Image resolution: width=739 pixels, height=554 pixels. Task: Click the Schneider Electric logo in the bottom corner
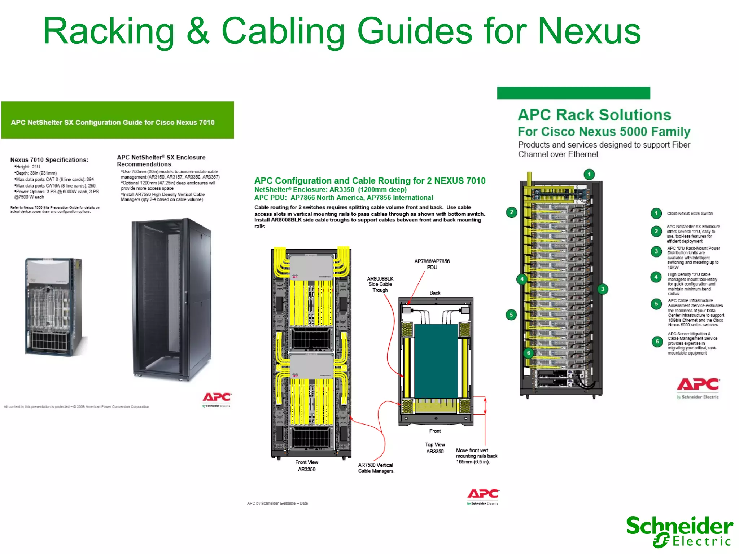pos(679,531)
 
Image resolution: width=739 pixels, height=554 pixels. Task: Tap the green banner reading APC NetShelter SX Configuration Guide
pos(118,120)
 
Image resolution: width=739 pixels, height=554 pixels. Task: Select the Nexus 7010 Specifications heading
pos(49,160)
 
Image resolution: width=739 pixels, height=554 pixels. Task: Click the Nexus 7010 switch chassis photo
pos(54,307)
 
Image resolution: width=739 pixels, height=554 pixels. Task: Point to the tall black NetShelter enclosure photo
pos(172,299)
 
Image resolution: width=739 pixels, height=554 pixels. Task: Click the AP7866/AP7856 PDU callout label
pos(432,264)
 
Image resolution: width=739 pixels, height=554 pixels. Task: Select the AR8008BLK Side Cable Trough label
pos(380,284)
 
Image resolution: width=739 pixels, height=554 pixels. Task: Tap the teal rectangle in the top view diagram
pos(436,361)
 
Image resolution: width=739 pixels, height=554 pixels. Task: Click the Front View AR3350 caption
pos(306,466)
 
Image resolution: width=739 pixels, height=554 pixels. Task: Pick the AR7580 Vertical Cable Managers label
pos(376,468)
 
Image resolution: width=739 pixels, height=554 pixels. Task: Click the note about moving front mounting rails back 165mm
pos(476,456)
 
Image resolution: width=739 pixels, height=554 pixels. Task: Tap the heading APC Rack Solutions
pos(594,115)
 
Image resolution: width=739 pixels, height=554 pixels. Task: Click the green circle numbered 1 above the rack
pos(589,175)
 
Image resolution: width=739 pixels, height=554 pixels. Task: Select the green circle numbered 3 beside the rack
pos(602,289)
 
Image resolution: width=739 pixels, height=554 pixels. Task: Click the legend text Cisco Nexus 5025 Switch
pos(690,214)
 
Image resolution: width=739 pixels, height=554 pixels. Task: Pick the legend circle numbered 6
pos(657,341)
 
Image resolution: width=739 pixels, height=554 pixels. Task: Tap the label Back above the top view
pos(435,293)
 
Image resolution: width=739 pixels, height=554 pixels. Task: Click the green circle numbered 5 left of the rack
pos(511,315)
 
